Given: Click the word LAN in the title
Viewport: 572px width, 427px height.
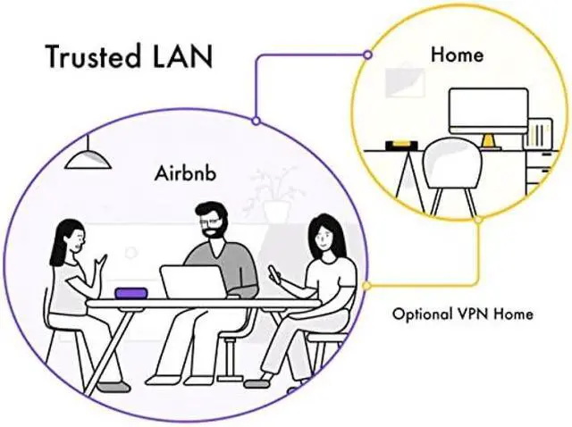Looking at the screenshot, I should (185, 56).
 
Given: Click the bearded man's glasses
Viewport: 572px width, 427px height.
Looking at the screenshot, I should (208, 216).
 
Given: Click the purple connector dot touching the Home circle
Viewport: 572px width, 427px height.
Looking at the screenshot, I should (367, 54).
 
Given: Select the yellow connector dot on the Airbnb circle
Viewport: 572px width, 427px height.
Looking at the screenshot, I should (366, 286).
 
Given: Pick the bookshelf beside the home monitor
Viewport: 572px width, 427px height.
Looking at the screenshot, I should (541, 135).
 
